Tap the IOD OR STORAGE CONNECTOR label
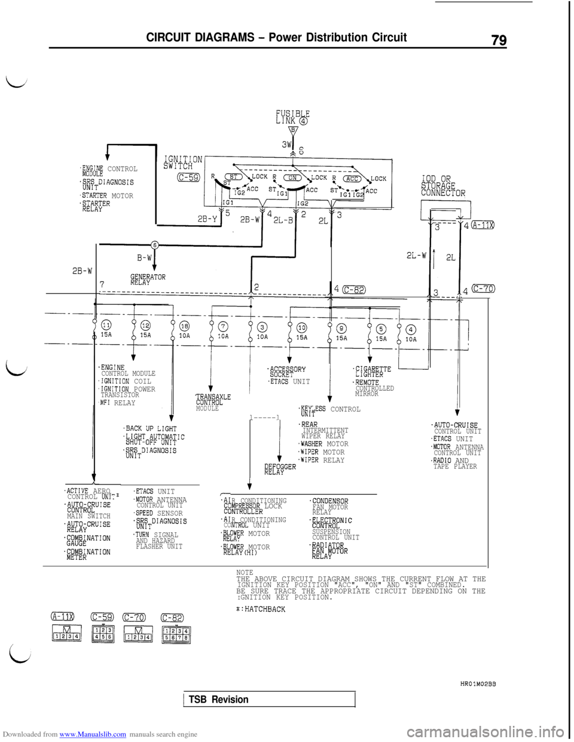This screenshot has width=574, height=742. click(443, 186)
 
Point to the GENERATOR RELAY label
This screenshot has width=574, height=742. click(148, 280)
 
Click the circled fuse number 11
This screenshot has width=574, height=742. click(106, 325)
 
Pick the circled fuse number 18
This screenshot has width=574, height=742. click(185, 326)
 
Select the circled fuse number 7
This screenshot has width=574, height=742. click(222, 326)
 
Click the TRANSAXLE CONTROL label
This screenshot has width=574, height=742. click(213, 400)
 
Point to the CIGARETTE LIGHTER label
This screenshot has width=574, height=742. click(373, 372)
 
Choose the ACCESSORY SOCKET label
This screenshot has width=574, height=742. click(287, 372)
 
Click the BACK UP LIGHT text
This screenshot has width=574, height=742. click(151, 428)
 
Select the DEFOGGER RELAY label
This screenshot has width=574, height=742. click(280, 468)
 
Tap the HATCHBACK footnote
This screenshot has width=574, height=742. click(261, 609)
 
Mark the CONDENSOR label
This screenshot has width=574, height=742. click(329, 501)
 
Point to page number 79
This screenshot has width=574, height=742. click(499, 40)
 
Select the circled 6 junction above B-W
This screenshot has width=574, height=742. click(154, 245)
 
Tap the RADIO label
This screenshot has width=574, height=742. click(442, 460)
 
